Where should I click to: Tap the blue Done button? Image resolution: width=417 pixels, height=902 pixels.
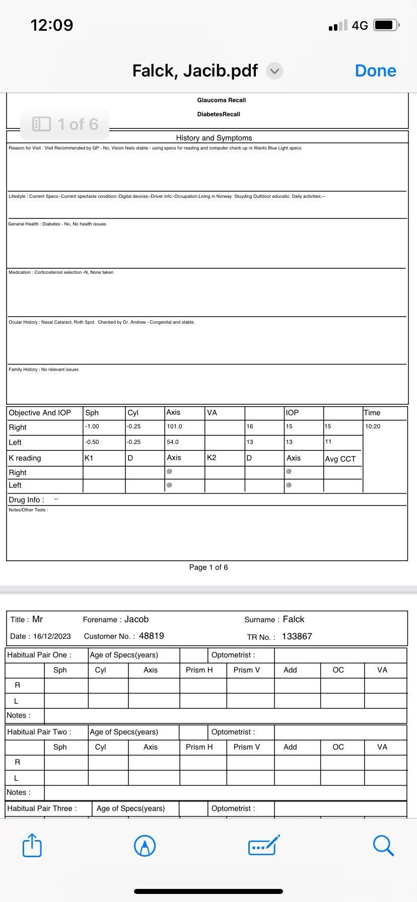(375, 71)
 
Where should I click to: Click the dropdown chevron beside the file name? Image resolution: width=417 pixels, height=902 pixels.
(274, 71)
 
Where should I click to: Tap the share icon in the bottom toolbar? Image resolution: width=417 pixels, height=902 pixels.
(32, 845)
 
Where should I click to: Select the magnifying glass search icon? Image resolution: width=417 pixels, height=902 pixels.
(383, 845)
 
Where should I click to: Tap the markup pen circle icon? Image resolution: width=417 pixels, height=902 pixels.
(145, 846)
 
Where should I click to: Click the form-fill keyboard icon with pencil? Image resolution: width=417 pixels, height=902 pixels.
(264, 845)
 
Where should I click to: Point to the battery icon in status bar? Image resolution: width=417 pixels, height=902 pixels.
(386, 25)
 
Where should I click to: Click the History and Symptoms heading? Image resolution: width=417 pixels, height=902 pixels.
(214, 138)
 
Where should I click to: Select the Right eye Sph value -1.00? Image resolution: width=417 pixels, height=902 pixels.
(92, 427)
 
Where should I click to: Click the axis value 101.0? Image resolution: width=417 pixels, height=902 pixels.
(174, 427)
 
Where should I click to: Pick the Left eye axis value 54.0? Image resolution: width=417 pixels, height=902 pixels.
(173, 442)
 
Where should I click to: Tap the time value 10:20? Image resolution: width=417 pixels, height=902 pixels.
(373, 427)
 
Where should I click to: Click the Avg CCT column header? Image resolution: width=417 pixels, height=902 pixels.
(340, 459)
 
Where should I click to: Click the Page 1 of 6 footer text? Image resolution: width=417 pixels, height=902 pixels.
(208, 567)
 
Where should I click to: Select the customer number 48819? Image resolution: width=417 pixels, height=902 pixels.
(151, 636)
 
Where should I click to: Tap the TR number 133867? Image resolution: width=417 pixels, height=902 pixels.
(297, 636)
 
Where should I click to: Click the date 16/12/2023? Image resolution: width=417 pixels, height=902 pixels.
(52, 636)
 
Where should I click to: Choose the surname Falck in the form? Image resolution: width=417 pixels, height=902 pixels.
(294, 619)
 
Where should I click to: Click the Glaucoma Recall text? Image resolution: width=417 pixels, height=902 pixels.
(222, 100)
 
